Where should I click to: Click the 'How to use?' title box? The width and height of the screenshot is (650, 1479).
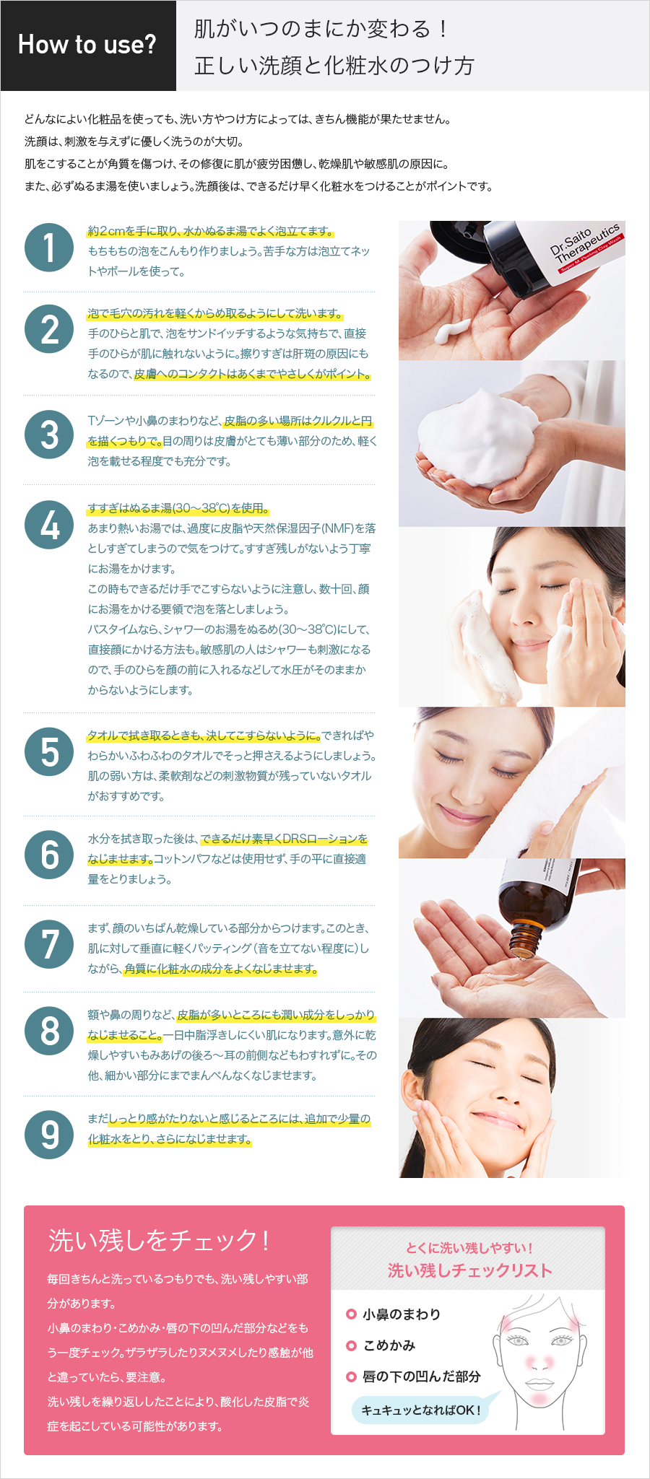click(x=88, y=45)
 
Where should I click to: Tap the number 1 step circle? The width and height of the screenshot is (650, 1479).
click(x=49, y=247)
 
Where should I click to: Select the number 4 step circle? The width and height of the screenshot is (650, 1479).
click(x=49, y=525)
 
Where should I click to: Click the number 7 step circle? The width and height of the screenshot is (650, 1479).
click(x=49, y=944)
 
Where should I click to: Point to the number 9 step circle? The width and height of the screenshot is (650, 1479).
click(x=49, y=1134)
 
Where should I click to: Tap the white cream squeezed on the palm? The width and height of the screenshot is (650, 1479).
click(x=454, y=331)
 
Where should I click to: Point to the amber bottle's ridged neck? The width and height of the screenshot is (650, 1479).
click(x=526, y=939)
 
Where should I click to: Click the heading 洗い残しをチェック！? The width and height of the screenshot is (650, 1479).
click(x=159, y=1240)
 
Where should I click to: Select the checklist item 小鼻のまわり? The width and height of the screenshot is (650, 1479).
click(x=401, y=1314)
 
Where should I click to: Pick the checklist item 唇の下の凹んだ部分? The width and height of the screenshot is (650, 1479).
click(x=421, y=1377)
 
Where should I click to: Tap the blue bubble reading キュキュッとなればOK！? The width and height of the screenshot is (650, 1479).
click(x=420, y=1410)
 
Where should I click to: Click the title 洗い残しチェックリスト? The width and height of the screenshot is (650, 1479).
click(x=469, y=1270)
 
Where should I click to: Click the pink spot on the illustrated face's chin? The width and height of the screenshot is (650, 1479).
click(x=539, y=1397)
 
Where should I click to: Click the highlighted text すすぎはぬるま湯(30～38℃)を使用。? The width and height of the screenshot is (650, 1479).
click(x=178, y=508)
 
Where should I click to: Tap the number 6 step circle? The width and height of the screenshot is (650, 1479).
click(x=49, y=855)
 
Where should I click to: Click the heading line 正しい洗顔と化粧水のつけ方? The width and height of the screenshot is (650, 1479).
click(x=334, y=66)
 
